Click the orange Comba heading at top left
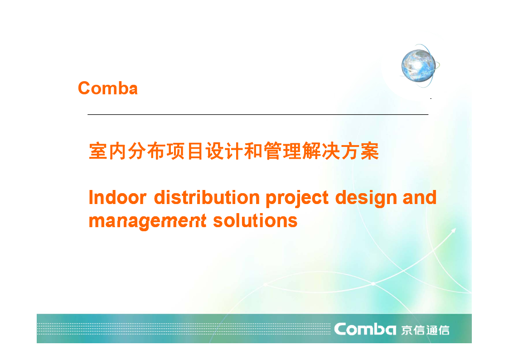(x=108, y=88)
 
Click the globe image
(x=419, y=66)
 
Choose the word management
(x=148, y=221)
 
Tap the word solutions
(x=255, y=221)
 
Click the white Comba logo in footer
(x=365, y=329)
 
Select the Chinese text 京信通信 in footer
(x=425, y=330)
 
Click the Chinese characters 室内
(x=108, y=151)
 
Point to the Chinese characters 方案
(x=360, y=151)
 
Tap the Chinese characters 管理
(x=282, y=151)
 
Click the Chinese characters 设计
(x=224, y=151)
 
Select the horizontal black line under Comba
(x=258, y=114)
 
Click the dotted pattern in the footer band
(x=184, y=329)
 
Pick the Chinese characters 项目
(x=185, y=151)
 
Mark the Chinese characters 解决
(x=321, y=151)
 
